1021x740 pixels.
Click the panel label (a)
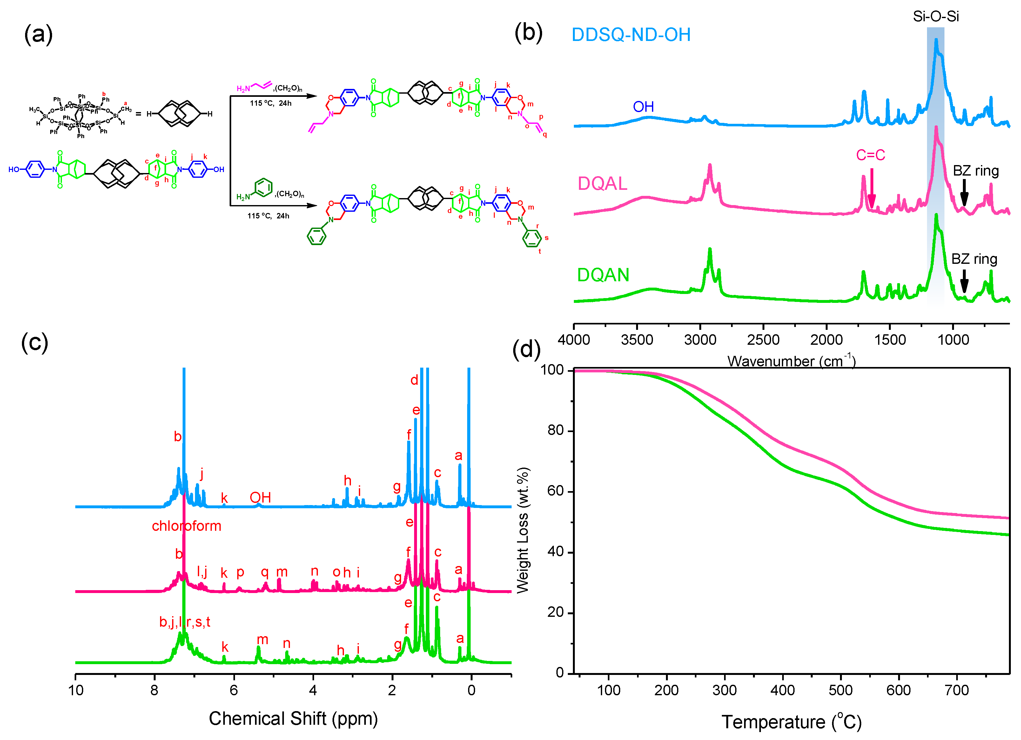tap(38, 35)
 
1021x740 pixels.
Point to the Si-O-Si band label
tap(936, 17)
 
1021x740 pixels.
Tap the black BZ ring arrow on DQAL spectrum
tap(964, 193)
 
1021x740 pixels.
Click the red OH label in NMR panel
tap(260, 498)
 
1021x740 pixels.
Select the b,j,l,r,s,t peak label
tap(185, 623)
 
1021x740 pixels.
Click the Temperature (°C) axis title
tap(791, 722)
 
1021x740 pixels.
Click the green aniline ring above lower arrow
tap(263, 187)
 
